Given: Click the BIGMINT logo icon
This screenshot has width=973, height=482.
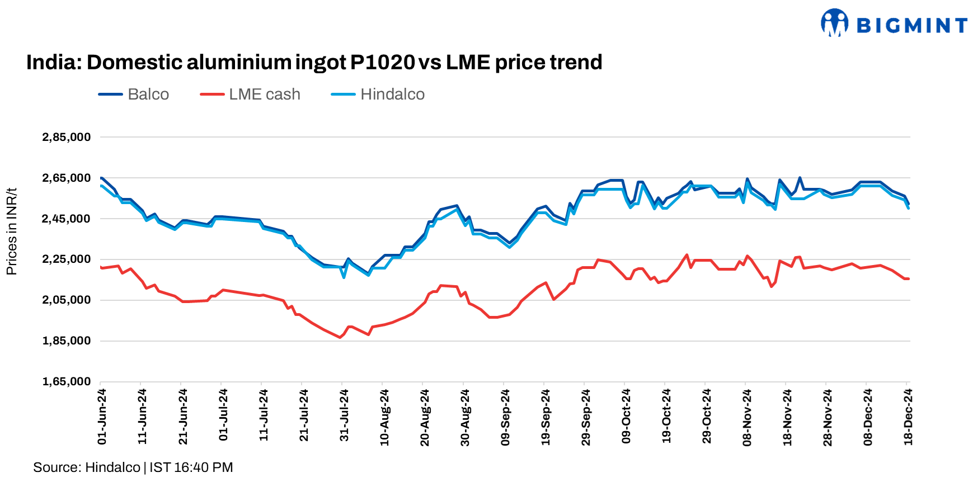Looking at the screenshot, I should tap(834, 23).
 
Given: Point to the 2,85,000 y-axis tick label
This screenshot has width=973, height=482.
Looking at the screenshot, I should tap(66, 138).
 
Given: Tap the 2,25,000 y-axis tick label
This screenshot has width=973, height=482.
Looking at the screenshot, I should tap(66, 259).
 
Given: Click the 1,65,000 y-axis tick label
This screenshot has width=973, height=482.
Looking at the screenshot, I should tap(66, 382).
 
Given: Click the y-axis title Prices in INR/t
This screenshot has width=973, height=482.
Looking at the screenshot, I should tap(12, 231).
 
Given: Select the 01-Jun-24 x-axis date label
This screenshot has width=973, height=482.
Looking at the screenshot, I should tap(102, 417).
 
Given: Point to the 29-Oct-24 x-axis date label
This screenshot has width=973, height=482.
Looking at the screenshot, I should tap(707, 417).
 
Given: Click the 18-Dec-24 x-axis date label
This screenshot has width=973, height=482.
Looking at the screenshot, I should tap(908, 417).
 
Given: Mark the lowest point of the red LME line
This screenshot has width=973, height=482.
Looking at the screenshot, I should tap(340, 337).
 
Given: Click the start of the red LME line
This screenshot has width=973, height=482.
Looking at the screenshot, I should tap(101, 268).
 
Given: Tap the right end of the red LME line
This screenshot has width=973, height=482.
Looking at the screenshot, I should tap(908, 278).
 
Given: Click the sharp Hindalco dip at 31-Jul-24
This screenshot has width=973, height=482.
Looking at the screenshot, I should tap(344, 277).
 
